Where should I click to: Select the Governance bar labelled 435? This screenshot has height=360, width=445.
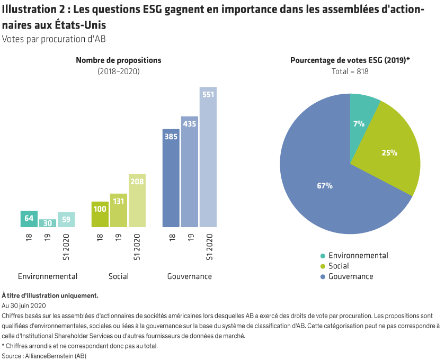(189, 172)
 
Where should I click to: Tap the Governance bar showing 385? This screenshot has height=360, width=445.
(171, 178)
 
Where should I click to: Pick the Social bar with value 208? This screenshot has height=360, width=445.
(137, 201)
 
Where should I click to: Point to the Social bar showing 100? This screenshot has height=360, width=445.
(100, 214)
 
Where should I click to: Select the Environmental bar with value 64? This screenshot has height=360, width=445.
(29, 219)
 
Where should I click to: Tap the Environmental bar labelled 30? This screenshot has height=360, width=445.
(47, 223)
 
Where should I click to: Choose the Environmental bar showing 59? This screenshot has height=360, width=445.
(66, 219)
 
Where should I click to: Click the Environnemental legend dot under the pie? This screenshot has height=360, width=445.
(322, 256)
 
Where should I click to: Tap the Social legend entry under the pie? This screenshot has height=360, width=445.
(339, 266)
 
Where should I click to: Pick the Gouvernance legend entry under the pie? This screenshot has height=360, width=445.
(350, 276)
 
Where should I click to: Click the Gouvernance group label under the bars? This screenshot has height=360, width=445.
(189, 276)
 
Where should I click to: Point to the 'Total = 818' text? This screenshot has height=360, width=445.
(350, 71)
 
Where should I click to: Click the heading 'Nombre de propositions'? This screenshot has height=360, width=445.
(118, 60)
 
